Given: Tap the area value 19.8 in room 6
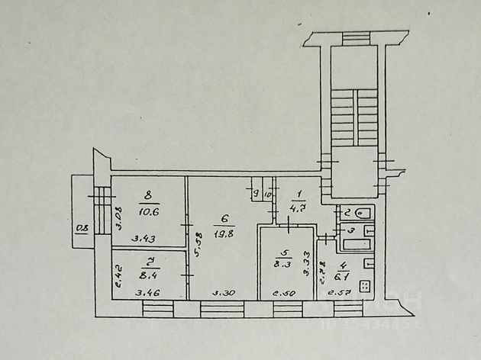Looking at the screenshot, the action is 224,233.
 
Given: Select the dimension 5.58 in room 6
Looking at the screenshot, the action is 198,244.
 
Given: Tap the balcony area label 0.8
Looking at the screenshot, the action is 81,227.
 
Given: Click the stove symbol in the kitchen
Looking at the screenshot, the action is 363,288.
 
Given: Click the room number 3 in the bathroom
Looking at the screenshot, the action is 350,230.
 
